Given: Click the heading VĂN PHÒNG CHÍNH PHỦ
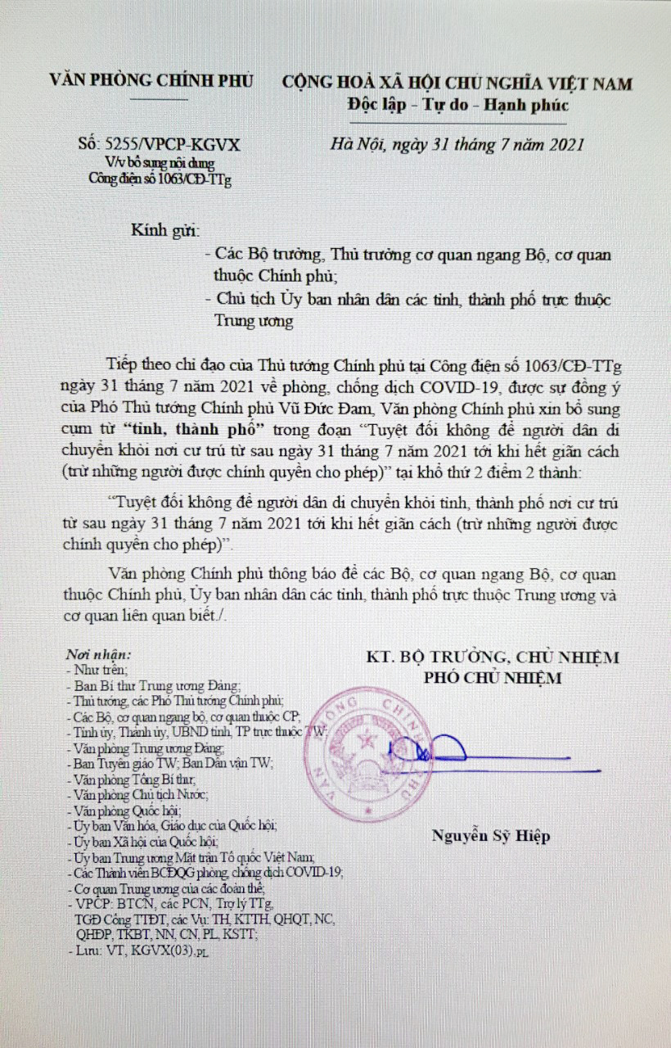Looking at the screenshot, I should tap(152, 81).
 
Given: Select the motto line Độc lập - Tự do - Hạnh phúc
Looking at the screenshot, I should tap(457, 106).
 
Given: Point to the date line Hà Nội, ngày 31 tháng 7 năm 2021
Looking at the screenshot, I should tap(457, 145).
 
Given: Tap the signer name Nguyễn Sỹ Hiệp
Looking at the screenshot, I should tap(491, 836).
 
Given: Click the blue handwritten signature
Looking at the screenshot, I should tap(426, 749).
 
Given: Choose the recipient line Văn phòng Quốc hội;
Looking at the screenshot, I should tap(114, 810).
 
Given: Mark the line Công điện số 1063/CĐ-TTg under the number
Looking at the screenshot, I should tap(160, 178).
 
